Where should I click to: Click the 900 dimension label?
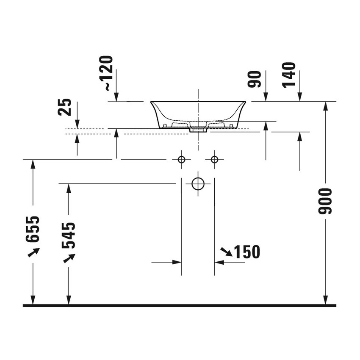click(325, 201)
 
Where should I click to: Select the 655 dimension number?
click(33, 229)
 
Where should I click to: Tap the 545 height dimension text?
click(69, 235)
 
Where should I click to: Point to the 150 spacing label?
click(247, 252)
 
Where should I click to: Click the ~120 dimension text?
click(106, 73)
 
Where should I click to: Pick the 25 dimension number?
click(65, 107)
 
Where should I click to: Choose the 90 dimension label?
click(255, 79)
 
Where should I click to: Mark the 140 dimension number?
click(288, 75)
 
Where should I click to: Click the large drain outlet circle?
click(198, 184)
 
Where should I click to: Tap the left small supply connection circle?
click(181, 159)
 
